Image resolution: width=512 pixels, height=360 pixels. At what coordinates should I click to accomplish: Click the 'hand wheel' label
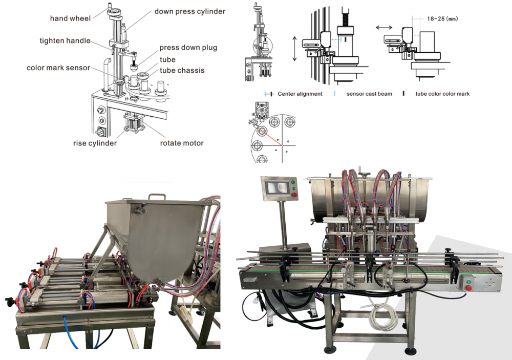coord(70,18)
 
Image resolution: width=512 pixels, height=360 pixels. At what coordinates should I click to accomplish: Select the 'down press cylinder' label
coord(190,11)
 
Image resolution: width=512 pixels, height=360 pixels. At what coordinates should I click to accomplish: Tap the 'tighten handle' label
coord(65,40)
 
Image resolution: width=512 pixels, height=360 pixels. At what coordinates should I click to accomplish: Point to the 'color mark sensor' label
coord(58,68)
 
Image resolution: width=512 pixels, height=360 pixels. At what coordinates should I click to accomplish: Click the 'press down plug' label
coord(188,48)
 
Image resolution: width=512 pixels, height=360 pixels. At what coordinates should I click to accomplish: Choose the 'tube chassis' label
coord(182,70)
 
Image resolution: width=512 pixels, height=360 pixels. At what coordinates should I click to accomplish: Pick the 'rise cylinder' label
coord(95,143)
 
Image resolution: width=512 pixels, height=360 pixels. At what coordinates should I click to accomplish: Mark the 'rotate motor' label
coord(182,143)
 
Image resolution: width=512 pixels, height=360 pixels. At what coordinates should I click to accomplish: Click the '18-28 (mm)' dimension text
coord(442,19)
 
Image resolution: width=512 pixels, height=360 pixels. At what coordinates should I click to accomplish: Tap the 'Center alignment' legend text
coord(300,94)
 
